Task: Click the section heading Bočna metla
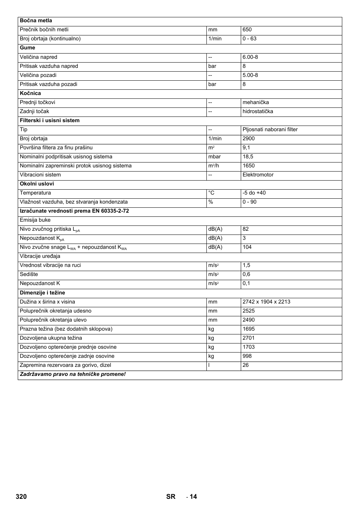36,21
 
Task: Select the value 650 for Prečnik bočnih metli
247,30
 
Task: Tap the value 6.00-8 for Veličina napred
250,57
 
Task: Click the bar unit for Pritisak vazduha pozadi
212,84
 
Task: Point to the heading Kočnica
30,93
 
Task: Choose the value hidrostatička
258,111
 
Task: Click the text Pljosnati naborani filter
270,129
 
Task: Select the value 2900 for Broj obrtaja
249,138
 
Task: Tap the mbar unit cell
214,156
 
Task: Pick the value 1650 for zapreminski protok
249,166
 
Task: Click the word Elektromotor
258,175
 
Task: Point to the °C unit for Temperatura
211,193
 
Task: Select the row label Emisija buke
35,220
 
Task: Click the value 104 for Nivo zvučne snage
247,247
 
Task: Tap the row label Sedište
29,274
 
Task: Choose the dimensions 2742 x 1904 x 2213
266,302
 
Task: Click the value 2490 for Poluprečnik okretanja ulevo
249,320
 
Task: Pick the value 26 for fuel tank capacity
246,365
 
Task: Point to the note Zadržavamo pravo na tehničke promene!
72,374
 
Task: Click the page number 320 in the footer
21,497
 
